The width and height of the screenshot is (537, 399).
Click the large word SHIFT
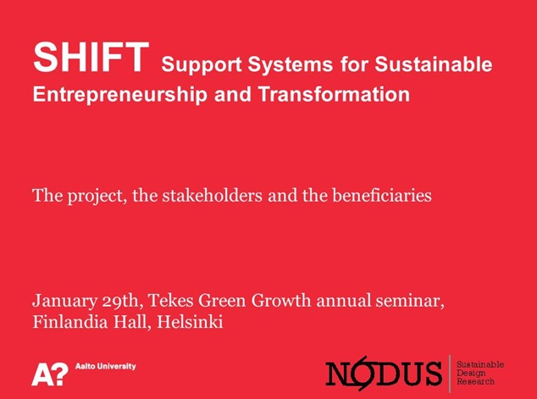point(91,58)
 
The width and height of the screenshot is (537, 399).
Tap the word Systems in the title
point(290,64)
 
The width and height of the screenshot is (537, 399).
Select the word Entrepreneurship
point(120,95)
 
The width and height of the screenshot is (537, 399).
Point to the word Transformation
point(334,94)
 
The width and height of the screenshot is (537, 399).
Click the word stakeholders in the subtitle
point(213,196)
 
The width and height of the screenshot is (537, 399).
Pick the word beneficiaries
point(382,196)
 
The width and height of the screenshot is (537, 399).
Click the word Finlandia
point(69,322)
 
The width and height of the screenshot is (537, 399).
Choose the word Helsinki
point(190,322)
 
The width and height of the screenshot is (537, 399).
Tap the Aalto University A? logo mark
point(50,374)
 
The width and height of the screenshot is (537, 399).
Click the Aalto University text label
point(106,367)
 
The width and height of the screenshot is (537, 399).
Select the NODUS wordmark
point(384,374)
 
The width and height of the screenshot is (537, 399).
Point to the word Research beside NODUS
point(476,381)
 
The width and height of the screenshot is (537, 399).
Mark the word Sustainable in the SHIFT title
point(433,64)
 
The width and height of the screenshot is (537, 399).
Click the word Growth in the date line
point(281,301)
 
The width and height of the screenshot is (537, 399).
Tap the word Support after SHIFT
point(202,64)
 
